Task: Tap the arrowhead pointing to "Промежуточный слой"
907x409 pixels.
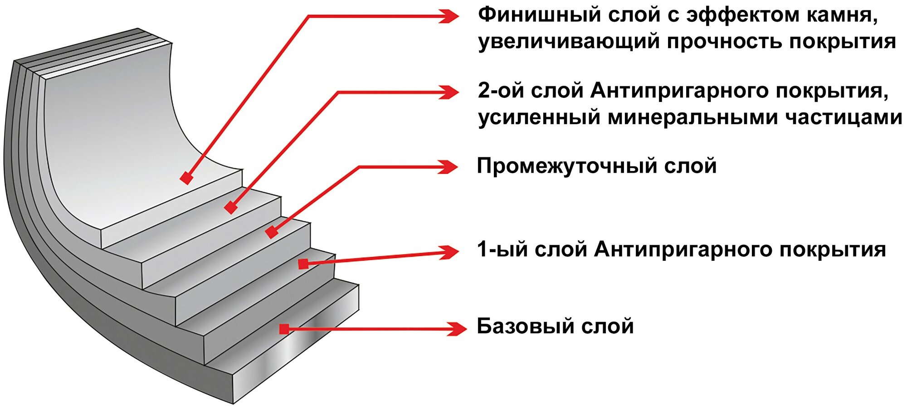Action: click(x=449, y=167)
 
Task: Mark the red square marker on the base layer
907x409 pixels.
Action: click(x=284, y=329)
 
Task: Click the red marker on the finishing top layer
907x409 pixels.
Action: click(x=186, y=178)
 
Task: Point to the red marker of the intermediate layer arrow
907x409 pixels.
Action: click(x=271, y=232)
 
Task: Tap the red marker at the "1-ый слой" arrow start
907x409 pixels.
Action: click(x=303, y=263)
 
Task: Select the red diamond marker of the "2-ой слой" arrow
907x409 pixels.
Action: click(x=231, y=208)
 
